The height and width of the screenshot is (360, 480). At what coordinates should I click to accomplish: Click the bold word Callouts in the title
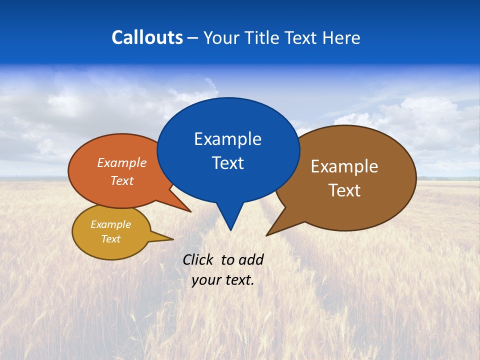147,37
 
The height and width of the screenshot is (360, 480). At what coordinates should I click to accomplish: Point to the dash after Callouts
192,38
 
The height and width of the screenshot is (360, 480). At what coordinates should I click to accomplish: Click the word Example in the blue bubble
227,139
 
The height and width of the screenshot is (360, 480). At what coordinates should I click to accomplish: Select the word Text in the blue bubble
227,163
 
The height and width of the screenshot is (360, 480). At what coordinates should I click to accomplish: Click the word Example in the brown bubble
344,166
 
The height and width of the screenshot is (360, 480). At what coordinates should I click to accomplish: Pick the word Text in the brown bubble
344,190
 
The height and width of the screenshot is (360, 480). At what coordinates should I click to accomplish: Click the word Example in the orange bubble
121,163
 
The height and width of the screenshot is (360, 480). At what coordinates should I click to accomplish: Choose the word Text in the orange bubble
121,180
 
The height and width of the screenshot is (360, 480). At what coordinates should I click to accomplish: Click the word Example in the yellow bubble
110,224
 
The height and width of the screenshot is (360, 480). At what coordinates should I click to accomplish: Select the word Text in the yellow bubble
110,239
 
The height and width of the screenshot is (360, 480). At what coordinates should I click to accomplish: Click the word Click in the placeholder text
198,259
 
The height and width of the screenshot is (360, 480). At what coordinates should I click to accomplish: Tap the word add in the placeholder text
251,259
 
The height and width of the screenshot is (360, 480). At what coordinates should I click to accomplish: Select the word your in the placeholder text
206,280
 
